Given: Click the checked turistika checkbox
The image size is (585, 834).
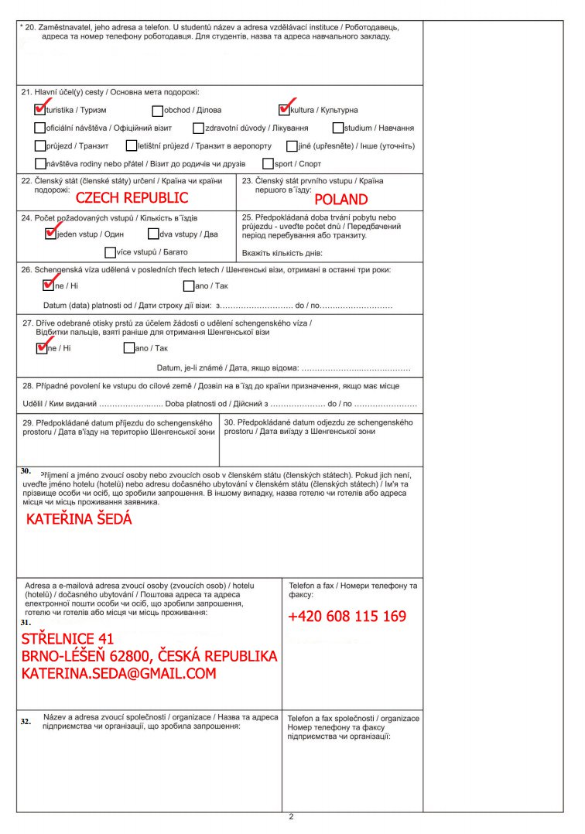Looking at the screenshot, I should click(40, 110).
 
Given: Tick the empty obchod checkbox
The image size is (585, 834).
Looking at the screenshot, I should click(158, 111).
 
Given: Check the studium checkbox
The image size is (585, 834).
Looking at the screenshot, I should click(338, 128).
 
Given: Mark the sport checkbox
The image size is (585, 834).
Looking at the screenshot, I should click(268, 163).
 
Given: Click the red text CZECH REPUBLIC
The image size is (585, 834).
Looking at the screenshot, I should click(132, 197).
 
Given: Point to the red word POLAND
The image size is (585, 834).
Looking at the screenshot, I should click(341, 200).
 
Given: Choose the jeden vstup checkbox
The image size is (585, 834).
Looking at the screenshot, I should click(51, 234).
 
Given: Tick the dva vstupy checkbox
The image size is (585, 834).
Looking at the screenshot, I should click(152, 234).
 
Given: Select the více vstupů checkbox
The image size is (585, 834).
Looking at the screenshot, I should click(110, 251).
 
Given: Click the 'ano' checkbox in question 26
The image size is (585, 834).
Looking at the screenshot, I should click(189, 286).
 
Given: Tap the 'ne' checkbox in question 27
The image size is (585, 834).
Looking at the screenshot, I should click(42, 348).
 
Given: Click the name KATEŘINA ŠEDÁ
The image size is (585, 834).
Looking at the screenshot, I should click(79, 519).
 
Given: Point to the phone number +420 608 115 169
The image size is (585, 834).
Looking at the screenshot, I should click(347, 617).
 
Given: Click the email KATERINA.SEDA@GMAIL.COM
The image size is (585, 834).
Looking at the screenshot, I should click(118, 674).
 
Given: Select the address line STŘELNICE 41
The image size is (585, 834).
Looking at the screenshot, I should click(68, 639).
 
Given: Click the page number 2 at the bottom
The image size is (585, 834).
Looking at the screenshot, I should click(291, 817).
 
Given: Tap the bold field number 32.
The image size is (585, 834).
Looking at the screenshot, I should click(26, 721).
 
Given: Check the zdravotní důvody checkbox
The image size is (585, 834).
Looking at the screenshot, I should click(199, 128).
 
